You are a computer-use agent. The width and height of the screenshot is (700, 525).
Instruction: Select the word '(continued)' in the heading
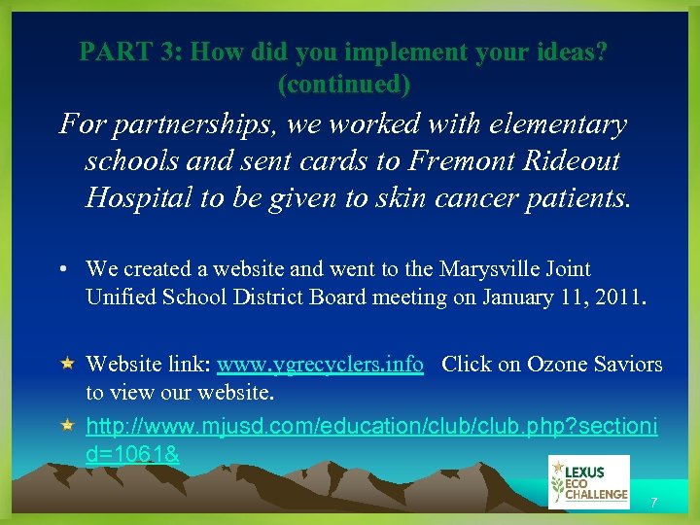(x=344, y=85)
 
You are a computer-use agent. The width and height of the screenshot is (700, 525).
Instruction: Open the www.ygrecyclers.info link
(x=320, y=365)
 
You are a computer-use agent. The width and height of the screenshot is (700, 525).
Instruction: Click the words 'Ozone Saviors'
(x=593, y=365)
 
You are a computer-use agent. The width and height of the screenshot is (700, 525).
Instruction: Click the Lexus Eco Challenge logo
(x=588, y=481)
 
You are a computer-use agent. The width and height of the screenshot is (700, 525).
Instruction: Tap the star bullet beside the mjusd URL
(x=67, y=426)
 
